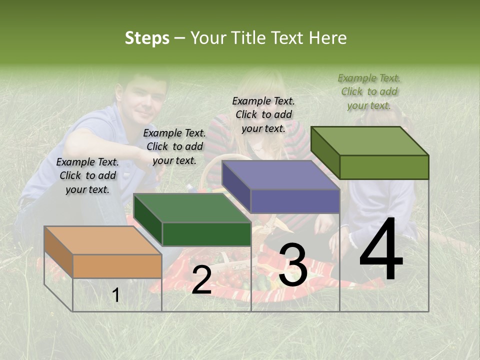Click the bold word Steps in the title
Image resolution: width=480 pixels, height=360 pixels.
coord(147,38)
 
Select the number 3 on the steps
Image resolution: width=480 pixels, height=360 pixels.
coord(292,265)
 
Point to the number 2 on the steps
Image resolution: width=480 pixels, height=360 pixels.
coord(201,280)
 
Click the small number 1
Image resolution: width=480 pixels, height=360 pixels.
coord(116,295)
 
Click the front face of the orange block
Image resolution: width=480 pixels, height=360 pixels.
coord(117,266)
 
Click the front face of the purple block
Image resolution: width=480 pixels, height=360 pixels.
coord(295,201)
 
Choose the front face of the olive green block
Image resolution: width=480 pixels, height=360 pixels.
coord(384,167)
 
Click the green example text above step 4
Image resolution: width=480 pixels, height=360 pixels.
coord(369,92)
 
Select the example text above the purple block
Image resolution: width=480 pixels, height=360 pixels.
coord(263,114)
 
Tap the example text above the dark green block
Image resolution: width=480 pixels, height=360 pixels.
coord(174,146)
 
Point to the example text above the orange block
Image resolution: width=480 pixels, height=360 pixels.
coord(87,175)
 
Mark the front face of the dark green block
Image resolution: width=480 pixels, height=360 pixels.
coord(206,234)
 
